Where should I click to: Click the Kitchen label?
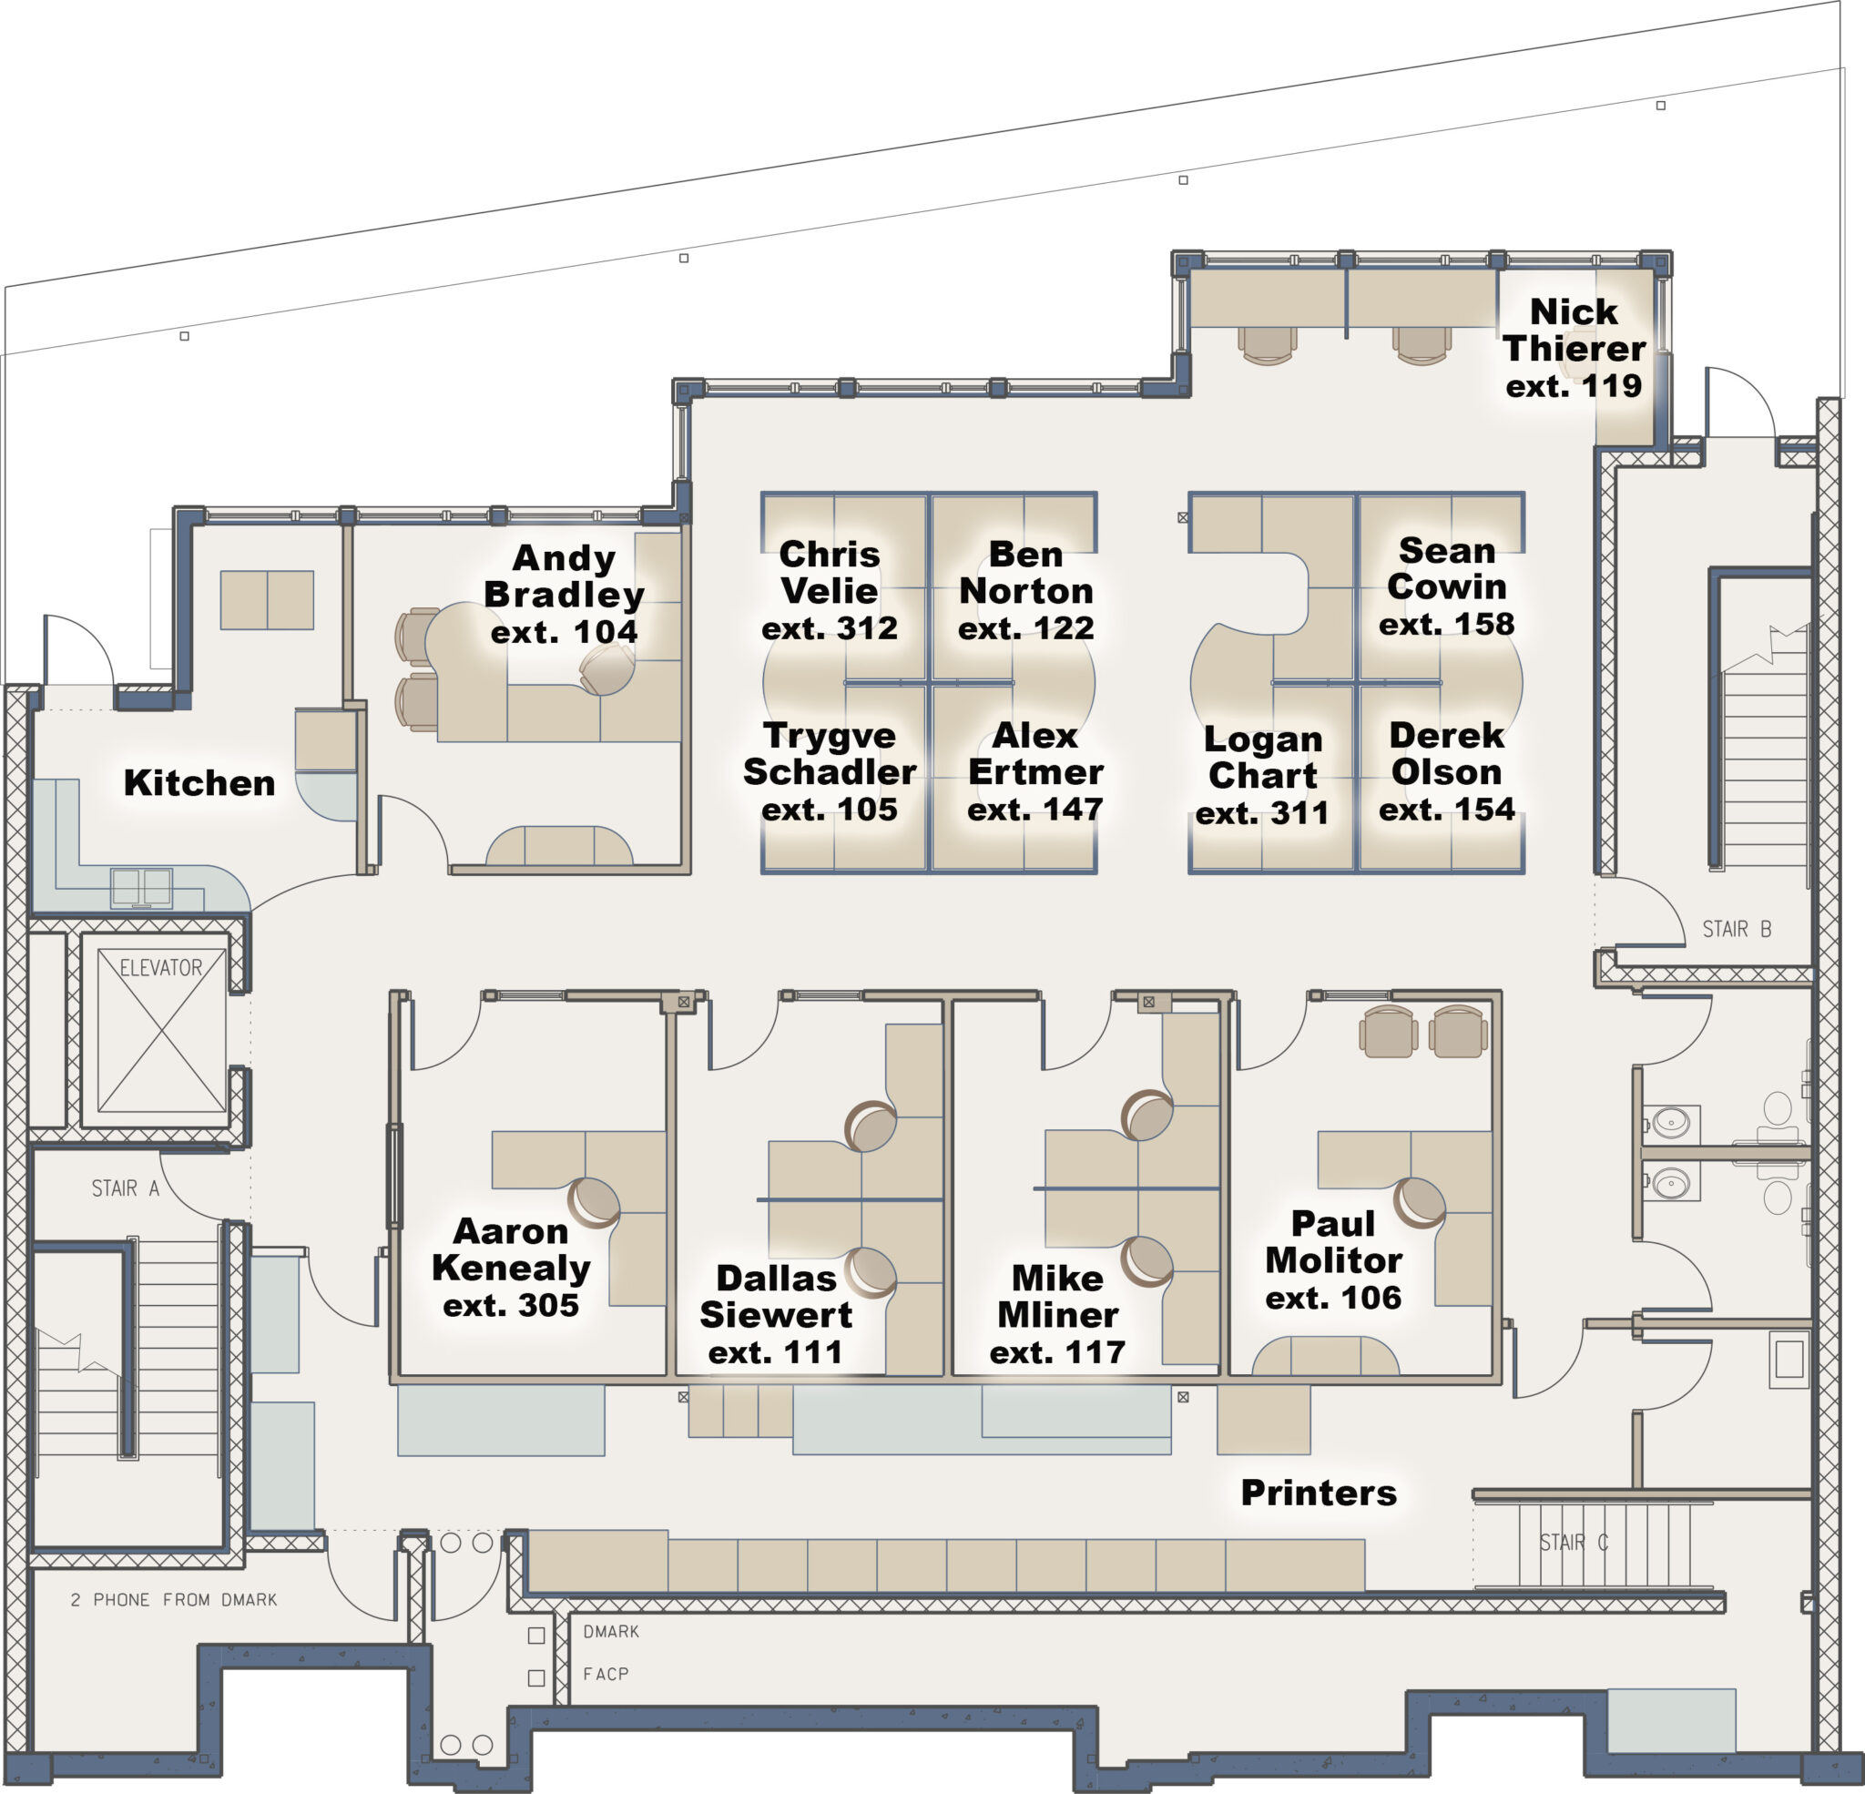coord(199,782)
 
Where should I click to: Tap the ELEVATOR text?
coord(161,968)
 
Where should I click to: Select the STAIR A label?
coord(125,1188)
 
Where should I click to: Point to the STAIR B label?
coord(1737,929)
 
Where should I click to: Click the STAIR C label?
coord(1574,1542)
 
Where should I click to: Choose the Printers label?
coord(1319,1493)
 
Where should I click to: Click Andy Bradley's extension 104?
coord(565,631)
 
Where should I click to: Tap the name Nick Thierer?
coord(1574,331)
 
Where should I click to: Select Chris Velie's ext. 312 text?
coord(829,628)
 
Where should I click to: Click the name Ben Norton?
coord(1025,572)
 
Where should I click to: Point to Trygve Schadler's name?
coord(829,753)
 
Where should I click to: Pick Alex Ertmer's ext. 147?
coord(1034,809)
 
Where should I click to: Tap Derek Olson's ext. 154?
coord(1446,809)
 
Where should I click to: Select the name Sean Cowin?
coord(1446,568)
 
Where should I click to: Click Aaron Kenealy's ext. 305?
coord(511,1305)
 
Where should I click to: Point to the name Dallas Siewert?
coord(776,1296)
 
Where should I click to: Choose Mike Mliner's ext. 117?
coord(1057,1351)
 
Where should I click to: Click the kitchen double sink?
coord(142,887)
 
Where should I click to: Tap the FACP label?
coord(606,1673)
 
